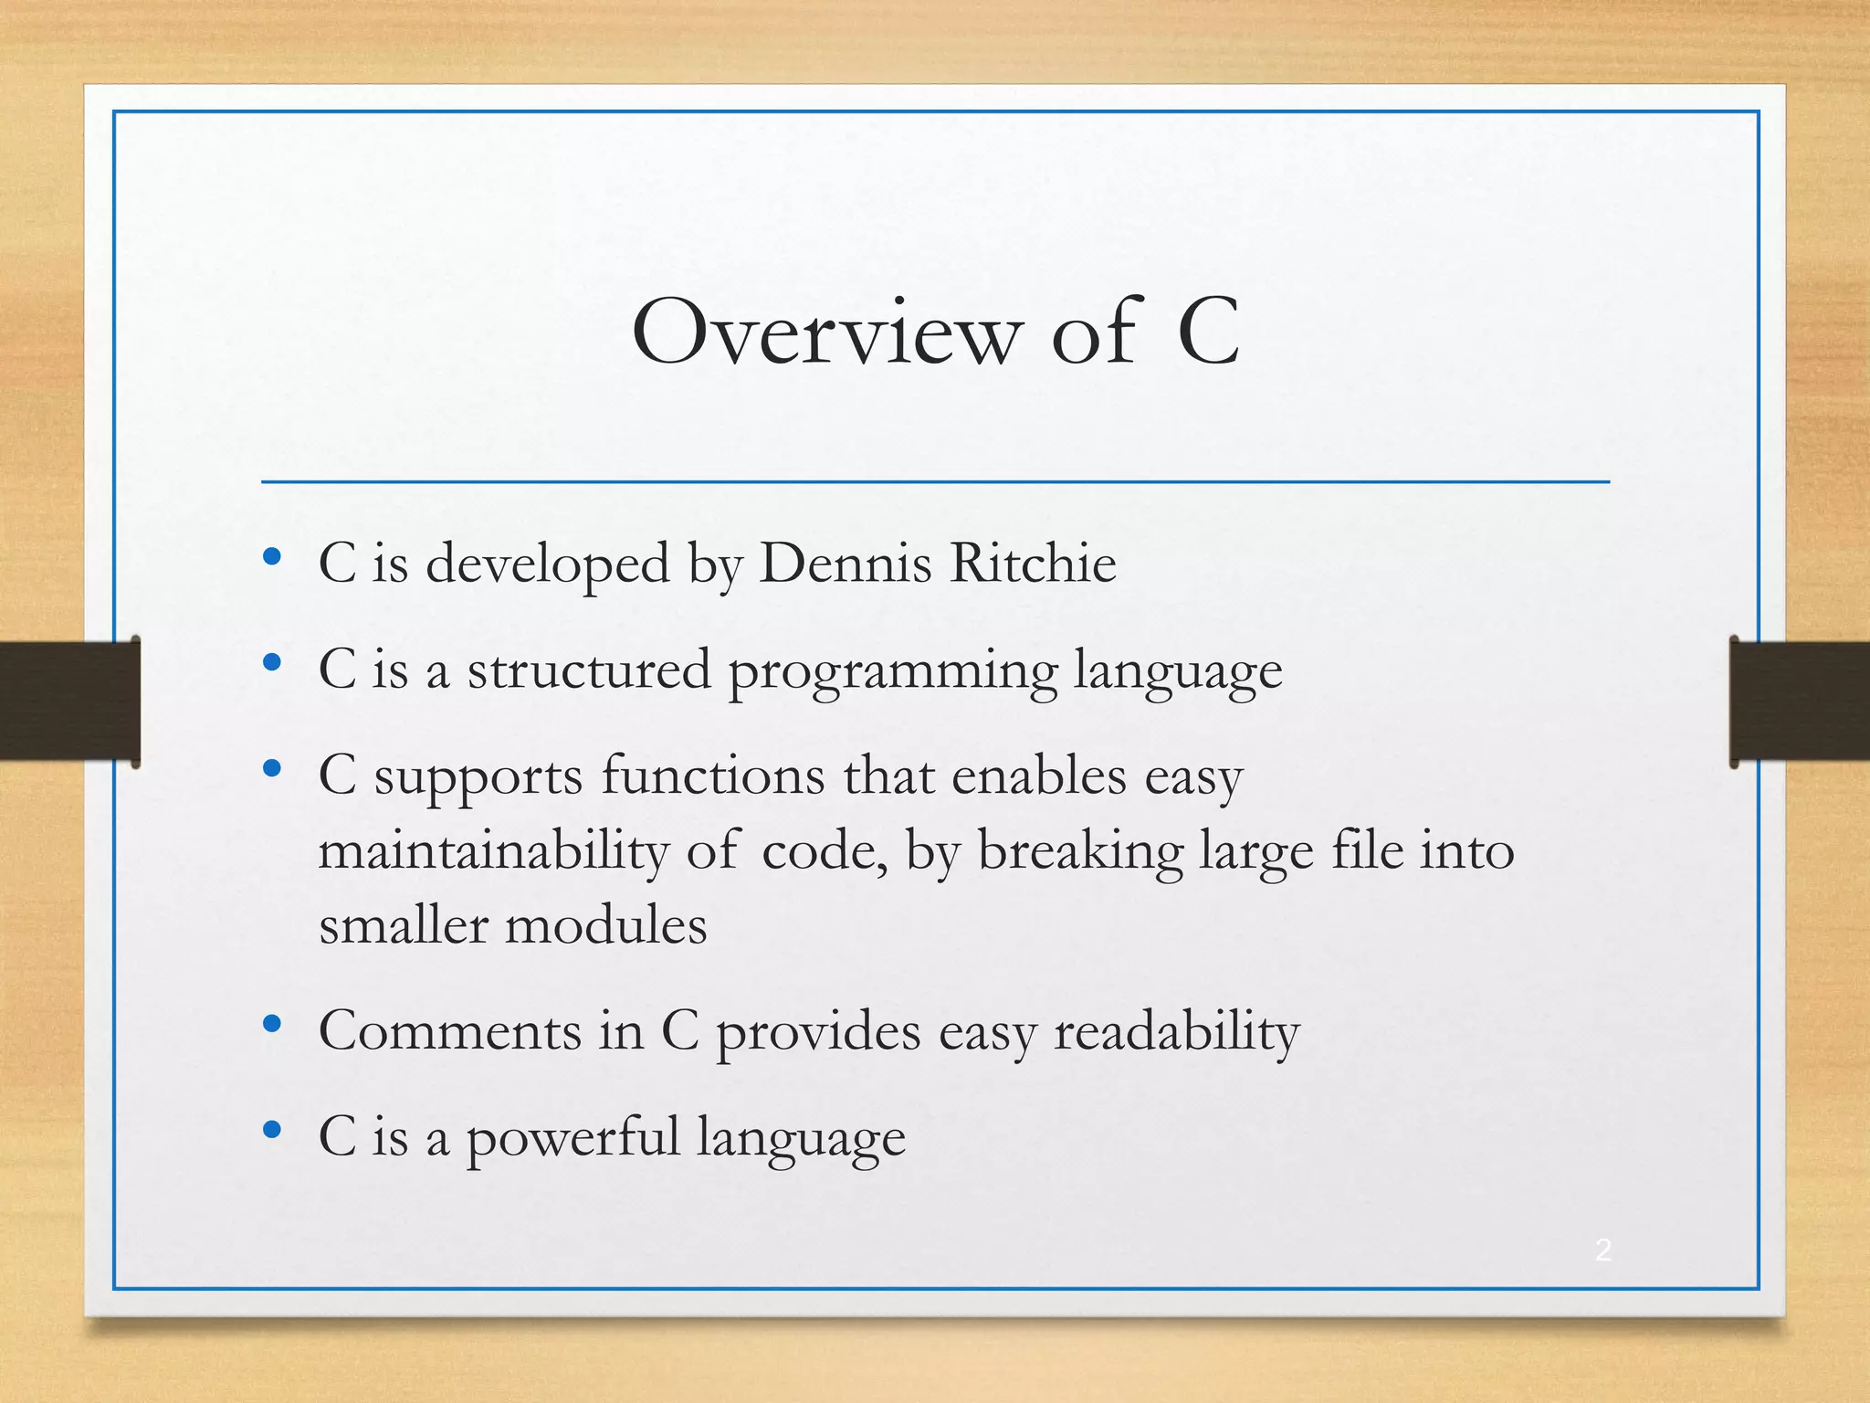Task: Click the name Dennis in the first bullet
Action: [846, 563]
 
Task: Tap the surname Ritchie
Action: [1033, 563]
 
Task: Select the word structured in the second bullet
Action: [589, 670]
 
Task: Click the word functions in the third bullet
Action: [713, 776]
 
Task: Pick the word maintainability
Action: [493, 852]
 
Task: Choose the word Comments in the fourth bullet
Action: [450, 1031]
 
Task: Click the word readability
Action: [1176, 1033]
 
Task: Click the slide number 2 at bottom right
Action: [1603, 1250]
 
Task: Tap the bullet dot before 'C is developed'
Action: [271, 556]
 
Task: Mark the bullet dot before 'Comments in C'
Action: [271, 1024]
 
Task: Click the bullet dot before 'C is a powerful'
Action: [271, 1130]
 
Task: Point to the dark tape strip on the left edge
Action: [69, 701]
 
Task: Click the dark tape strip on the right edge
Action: [1800, 701]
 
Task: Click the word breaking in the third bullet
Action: [1080, 852]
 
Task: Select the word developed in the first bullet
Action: [548, 564]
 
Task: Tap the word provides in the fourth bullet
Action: [818, 1033]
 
